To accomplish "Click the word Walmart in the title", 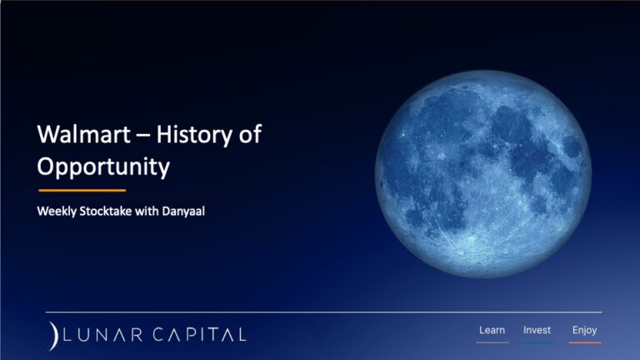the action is [83, 134].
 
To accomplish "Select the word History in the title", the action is [195, 135].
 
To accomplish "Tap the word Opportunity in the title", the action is [103, 167].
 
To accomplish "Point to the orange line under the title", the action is [82, 190].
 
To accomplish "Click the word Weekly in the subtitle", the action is [57, 212].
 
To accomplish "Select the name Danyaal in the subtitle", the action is [183, 211].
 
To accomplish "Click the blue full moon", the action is [483, 174].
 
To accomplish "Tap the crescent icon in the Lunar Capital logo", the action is [53, 336].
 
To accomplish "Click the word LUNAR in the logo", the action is [102, 335].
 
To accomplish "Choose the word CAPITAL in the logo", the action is [200, 335].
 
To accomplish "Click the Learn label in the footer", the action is [492, 330].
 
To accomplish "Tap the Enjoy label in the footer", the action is [584, 330].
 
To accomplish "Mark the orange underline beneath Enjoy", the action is [585, 342].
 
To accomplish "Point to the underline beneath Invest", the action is [537, 342].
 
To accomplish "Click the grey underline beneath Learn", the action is [492, 342].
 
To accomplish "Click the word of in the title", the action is [250, 134].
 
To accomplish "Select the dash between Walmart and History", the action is [143, 137].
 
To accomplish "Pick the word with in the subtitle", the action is [147, 211].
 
